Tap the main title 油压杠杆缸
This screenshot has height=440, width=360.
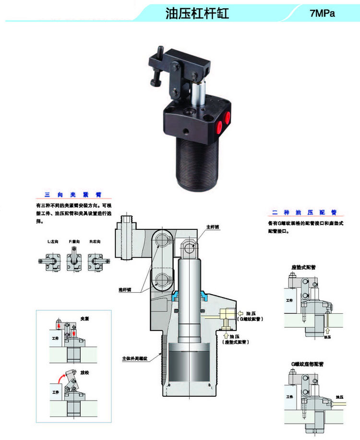[197, 13]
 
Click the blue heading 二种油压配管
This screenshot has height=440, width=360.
[304, 212]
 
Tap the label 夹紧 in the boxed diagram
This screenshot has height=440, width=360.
[85, 319]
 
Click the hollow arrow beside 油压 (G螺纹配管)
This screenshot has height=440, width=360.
[241, 312]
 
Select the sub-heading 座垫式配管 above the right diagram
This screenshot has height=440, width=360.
[303, 267]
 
